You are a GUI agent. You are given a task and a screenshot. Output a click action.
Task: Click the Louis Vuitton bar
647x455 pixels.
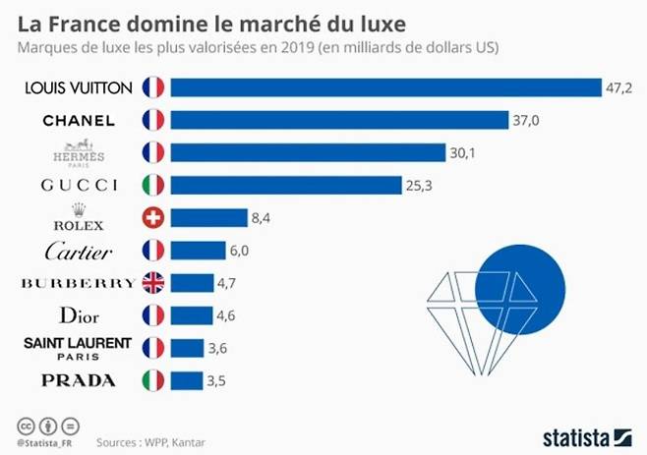click(385, 87)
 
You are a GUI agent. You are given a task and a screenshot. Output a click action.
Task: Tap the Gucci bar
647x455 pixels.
click(286, 185)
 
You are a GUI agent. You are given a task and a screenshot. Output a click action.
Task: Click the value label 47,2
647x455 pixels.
click(618, 87)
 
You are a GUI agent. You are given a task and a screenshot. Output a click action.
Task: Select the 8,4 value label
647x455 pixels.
click(262, 218)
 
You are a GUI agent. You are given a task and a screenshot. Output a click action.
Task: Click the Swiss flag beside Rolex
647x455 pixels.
click(152, 218)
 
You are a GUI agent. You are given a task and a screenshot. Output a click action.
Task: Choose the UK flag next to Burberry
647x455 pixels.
click(152, 283)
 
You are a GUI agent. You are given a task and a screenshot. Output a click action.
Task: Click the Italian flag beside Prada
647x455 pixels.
click(152, 380)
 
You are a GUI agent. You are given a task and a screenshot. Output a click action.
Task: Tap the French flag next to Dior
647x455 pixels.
click(152, 315)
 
